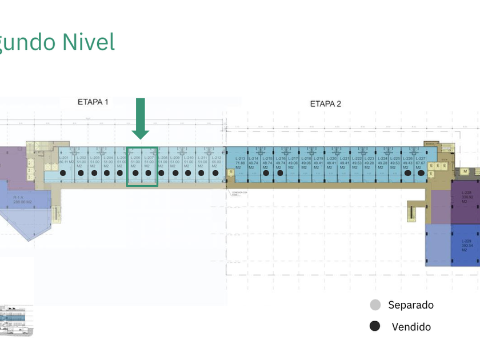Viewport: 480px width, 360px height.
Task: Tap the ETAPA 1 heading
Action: pyautogui.click(x=93, y=102)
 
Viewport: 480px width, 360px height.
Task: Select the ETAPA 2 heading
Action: pyautogui.click(x=325, y=103)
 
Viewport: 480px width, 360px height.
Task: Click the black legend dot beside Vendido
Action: pyautogui.click(x=375, y=326)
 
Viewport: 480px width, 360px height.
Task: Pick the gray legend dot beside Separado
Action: pyautogui.click(x=375, y=305)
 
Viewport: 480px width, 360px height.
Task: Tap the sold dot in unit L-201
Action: pyautogui.click(x=63, y=173)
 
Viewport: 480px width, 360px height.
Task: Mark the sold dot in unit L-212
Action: pyautogui.click(x=215, y=173)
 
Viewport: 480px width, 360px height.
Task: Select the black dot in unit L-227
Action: pyautogui.click(x=421, y=172)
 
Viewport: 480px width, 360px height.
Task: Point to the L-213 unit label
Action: pyautogui.click(x=240, y=158)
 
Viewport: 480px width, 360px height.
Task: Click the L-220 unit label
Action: pyautogui.click(x=331, y=158)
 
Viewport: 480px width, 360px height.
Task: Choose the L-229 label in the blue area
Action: pyautogui.click(x=466, y=241)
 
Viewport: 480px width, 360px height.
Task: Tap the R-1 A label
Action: pyautogui.click(x=18, y=197)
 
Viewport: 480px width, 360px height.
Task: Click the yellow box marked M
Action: pyautogui.click(x=466, y=171)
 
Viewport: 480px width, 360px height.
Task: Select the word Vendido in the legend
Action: pyautogui.click(x=411, y=327)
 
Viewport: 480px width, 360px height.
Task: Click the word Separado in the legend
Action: pyautogui.click(x=410, y=305)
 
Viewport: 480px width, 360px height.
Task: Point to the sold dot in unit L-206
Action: pyautogui.click(x=135, y=173)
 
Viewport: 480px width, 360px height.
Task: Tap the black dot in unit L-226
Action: pyautogui.click(x=408, y=172)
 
